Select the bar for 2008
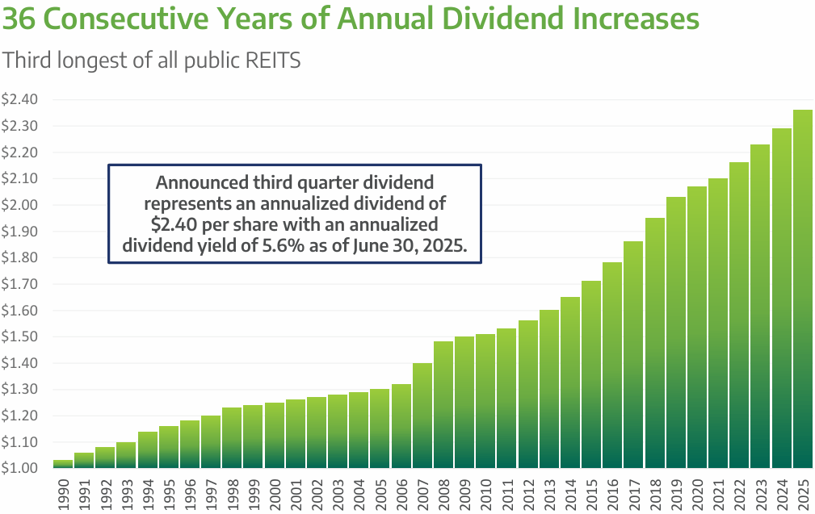click(x=443, y=404)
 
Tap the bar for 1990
click(x=62, y=464)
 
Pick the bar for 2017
click(x=633, y=354)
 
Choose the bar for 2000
click(x=274, y=435)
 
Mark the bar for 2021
click(x=718, y=323)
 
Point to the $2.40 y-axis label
click(x=20, y=100)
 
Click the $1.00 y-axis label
click(x=20, y=469)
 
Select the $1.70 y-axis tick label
click(x=20, y=284)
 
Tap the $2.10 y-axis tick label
click(x=20, y=179)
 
